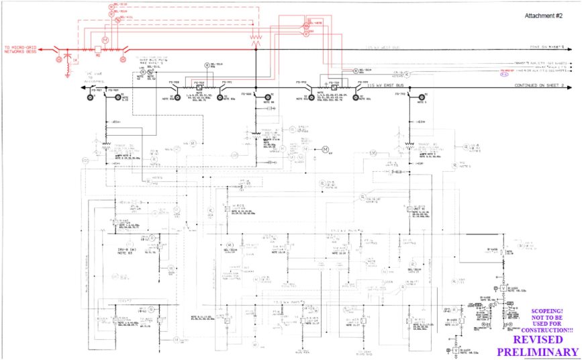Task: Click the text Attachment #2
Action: pos(544,15)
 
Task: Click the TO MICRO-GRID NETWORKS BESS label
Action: pos(20,49)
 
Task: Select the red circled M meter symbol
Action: pos(105,41)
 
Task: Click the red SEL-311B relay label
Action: pos(120,4)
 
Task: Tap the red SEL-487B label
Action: pos(313,22)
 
